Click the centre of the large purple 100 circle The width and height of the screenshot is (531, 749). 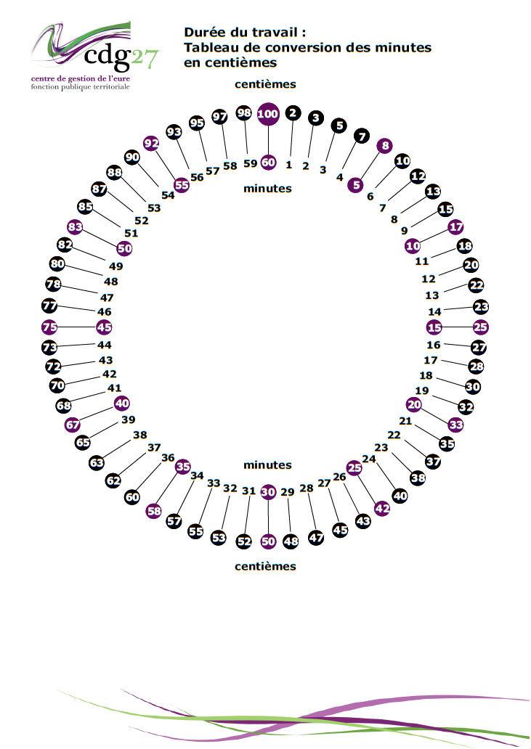267,114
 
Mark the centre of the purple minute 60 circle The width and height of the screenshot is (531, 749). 268,163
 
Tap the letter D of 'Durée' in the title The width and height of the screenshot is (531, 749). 190,33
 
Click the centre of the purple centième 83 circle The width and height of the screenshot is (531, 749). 75,227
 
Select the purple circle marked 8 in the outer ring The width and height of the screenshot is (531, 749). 385,146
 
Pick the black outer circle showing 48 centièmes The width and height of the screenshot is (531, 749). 291,541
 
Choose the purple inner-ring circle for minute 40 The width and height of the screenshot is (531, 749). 122,403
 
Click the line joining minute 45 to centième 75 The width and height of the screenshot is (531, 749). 77,327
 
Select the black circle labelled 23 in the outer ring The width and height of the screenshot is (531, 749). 481,307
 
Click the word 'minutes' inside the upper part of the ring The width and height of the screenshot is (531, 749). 267,189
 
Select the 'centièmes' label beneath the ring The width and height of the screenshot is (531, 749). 265,567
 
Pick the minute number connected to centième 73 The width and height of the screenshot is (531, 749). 104,345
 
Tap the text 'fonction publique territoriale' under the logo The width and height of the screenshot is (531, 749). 81,87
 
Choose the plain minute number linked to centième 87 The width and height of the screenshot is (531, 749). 142,221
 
